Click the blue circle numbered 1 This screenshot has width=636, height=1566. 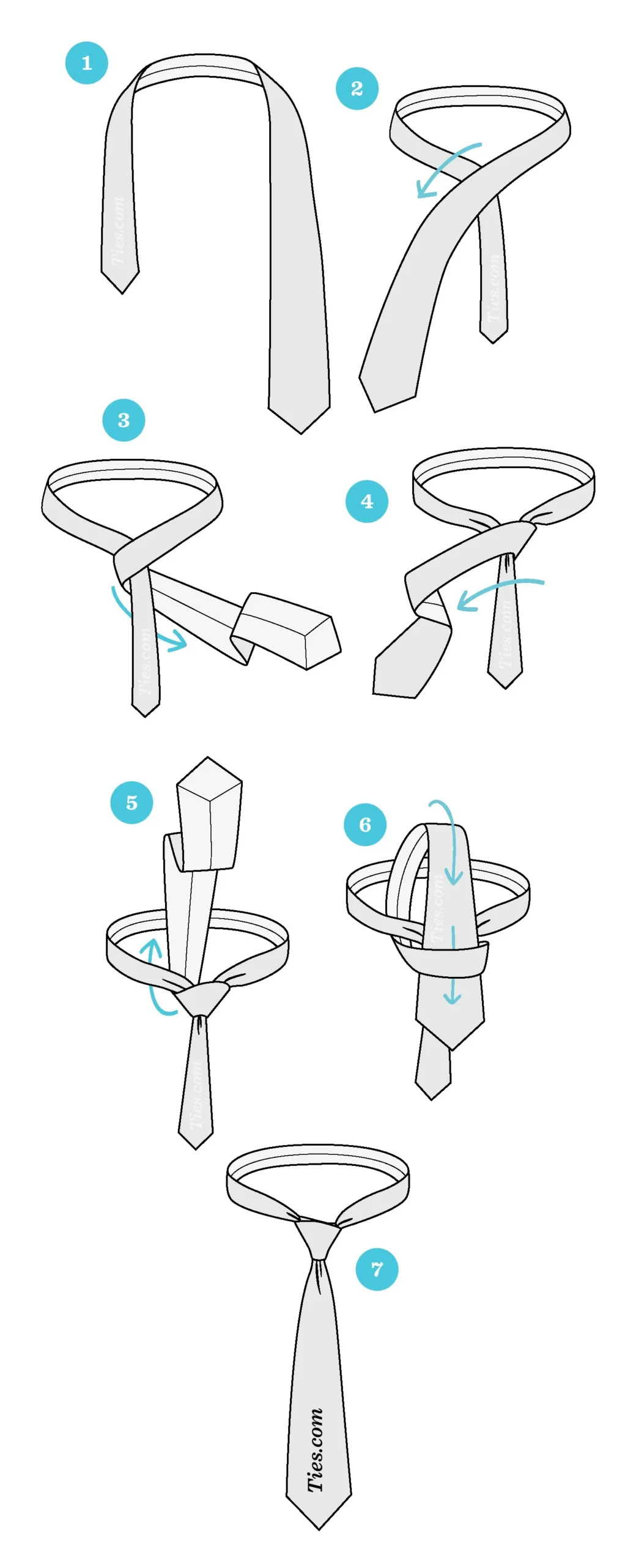click(87, 62)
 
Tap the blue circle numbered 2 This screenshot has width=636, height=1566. click(357, 89)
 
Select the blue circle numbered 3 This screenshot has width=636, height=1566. click(124, 420)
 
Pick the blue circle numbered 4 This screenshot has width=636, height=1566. click(367, 502)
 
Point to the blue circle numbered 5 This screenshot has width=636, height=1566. click(131, 803)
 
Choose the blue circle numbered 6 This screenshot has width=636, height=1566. click(365, 825)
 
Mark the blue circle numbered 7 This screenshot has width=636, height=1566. click(377, 1269)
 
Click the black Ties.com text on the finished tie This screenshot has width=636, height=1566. click(316, 1449)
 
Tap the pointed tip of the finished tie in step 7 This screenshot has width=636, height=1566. click(319, 1529)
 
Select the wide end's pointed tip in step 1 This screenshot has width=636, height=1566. click(301, 433)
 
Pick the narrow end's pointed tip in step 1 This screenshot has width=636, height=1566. click(122, 293)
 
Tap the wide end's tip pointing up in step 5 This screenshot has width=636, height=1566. click(208, 758)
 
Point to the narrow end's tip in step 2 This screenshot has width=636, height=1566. click(493, 343)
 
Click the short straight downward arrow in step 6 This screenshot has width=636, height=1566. click(453, 965)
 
